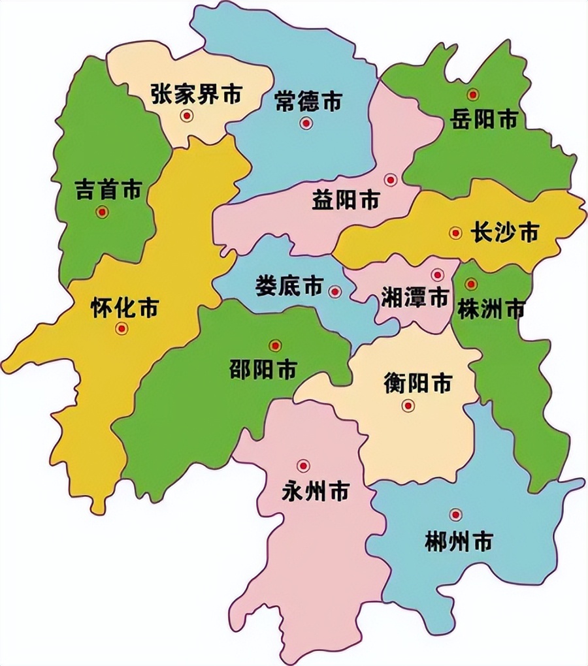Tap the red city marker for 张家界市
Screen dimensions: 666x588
tap(188, 116)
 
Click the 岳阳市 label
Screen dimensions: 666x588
tap(484, 119)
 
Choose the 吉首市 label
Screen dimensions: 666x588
tap(108, 190)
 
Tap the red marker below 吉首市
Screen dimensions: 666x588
tap(101, 212)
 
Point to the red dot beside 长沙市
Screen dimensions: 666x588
tap(455, 233)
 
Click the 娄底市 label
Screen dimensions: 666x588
tap(289, 285)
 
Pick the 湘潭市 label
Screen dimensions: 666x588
tap(415, 298)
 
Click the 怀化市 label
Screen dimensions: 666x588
tap(124, 308)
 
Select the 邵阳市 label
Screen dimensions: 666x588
tap(263, 370)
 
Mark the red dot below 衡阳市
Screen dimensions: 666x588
tap(408, 405)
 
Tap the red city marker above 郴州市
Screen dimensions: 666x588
tap(456, 515)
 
